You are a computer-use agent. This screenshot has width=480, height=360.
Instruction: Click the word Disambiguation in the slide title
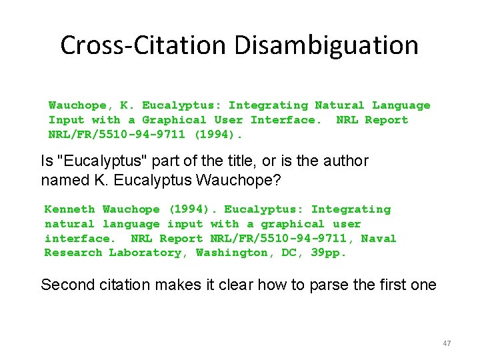[327, 45]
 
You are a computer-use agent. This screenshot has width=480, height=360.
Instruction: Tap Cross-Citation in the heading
[144, 45]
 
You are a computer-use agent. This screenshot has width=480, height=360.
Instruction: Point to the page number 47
[447, 343]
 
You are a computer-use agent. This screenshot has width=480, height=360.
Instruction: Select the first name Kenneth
[70, 209]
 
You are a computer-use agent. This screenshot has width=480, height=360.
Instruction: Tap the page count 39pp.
[329, 253]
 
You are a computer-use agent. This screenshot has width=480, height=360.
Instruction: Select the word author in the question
[345, 161]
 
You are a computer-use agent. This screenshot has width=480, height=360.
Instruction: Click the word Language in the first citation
[401, 105]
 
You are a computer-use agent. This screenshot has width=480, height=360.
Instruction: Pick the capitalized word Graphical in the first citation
[174, 120]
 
